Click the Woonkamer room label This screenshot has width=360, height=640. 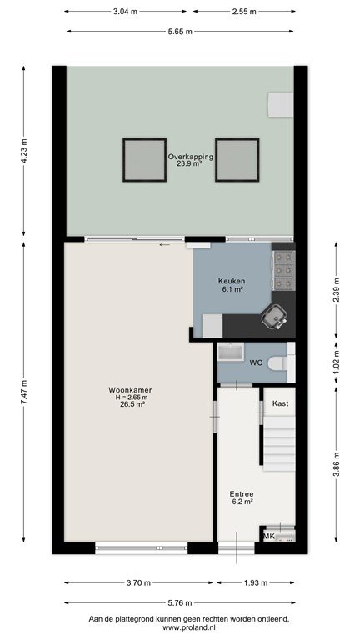pos(130,390)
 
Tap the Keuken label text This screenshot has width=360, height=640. pos(232,281)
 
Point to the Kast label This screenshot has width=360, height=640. pos(280,403)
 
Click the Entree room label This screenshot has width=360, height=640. pos(241,493)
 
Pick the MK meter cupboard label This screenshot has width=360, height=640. pos(269,536)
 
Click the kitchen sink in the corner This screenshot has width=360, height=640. pos(274,317)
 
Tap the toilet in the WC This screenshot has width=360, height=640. pos(280,362)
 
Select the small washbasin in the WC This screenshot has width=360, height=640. pos(231,352)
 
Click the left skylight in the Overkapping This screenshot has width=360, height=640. pos(144,160)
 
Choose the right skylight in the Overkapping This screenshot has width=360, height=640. pos(237,160)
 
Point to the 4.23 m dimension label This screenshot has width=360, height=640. pos(23,151)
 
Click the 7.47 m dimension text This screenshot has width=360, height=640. pos(23,392)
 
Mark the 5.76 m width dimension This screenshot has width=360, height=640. pos(179,602)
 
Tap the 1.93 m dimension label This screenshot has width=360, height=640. pos(256,582)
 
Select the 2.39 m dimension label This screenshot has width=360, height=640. pos(336,290)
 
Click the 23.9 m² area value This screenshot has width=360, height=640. pos(190,163)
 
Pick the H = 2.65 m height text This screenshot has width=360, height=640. pos(130,397)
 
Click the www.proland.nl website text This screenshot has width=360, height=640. pos(189,627)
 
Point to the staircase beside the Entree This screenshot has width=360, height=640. pos(280,442)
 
